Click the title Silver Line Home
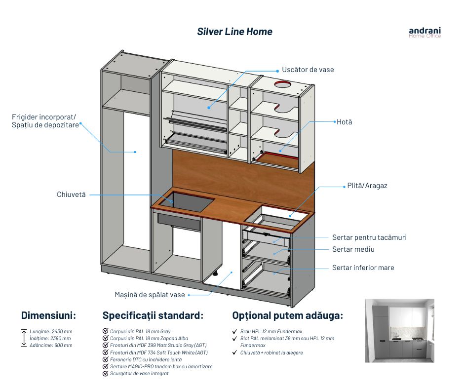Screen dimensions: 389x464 click(x=234, y=32)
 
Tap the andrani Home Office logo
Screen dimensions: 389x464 click(x=425, y=33)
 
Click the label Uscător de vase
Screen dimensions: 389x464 click(x=308, y=70)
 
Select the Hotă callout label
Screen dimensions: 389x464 click(x=344, y=121)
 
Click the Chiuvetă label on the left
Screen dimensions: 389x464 click(x=71, y=194)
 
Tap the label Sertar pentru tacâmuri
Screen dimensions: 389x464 click(x=369, y=237)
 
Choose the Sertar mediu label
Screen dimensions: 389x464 click(x=353, y=249)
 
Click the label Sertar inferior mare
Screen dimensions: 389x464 click(x=363, y=268)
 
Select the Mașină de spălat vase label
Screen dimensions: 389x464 click(x=150, y=295)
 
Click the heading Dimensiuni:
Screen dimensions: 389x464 click(x=48, y=315)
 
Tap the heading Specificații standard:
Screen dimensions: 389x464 click(x=153, y=315)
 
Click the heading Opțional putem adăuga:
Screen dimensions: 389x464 click(x=287, y=315)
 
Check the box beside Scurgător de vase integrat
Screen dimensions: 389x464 click(x=105, y=374)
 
